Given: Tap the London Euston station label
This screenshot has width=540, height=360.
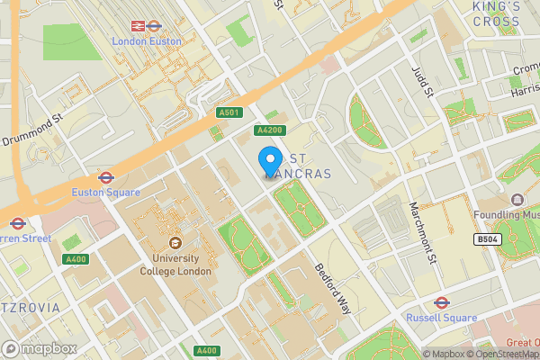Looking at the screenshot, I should click(146, 41).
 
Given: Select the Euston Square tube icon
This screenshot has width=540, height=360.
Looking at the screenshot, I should click(105, 177).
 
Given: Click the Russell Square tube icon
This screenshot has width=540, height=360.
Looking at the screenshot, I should click(441, 302).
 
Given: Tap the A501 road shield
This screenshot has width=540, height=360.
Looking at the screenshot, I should click(229, 112).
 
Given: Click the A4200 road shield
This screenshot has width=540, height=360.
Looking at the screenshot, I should click(269, 130).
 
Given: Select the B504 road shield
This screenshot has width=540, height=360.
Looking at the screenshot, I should click(488, 239).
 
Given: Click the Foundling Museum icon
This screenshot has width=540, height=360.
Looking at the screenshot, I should click(517, 200).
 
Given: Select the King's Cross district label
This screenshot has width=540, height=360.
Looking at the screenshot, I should click(497, 13).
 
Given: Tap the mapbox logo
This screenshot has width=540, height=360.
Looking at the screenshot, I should click(38, 347).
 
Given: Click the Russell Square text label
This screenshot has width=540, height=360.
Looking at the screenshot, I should click(441, 318).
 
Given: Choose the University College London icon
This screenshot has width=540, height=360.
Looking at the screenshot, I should click(175, 243).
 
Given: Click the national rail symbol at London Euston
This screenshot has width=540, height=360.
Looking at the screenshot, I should click(139, 26).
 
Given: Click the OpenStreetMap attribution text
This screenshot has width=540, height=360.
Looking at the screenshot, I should click(505, 354).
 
